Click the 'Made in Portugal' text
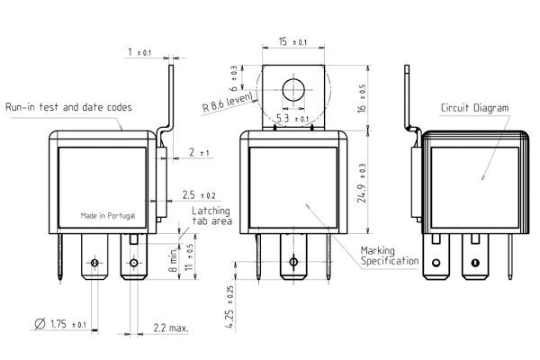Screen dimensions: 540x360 (x=108, y=216)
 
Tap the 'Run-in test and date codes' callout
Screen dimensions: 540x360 (x=69, y=107)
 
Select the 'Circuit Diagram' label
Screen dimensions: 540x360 (x=474, y=108)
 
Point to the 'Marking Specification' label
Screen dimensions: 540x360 (x=390, y=256)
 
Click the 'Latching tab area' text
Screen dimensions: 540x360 (x=211, y=216)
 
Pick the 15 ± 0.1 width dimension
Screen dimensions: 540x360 (x=292, y=41)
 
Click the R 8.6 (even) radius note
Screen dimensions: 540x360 (x=228, y=102)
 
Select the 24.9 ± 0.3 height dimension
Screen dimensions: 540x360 (x=362, y=183)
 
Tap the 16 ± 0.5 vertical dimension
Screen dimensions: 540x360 (x=361, y=98)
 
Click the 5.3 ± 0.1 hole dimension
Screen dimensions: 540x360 (x=292, y=119)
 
